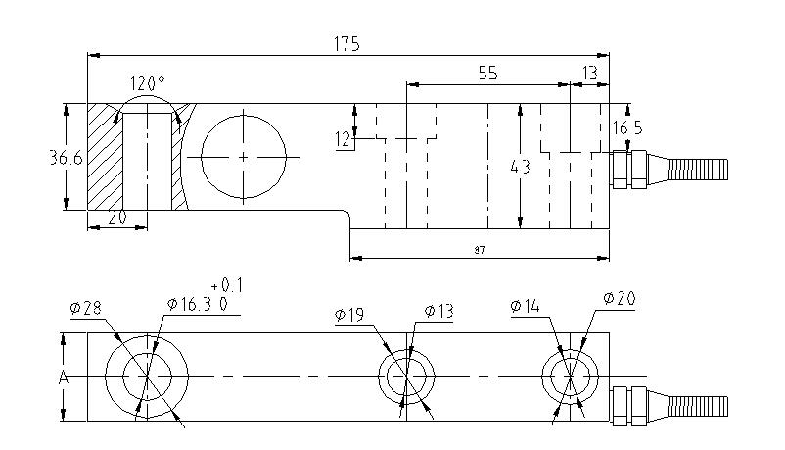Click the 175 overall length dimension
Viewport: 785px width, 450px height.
pyautogui.click(x=346, y=44)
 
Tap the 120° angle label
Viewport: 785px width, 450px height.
pyautogui.click(x=147, y=83)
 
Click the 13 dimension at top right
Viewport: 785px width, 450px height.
pyautogui.click(x=589, y=73)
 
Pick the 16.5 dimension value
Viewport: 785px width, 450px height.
pyautogui.click(x=626, y=127)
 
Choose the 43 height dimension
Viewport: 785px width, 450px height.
pyautogui.click(x=520, y=167)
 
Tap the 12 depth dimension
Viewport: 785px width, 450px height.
pyautogui.click(x=342, y=140)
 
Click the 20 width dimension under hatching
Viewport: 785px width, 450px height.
pyautogui.click(x=117, y=218)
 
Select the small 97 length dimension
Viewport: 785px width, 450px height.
pyautogui.click(x=479, y=251)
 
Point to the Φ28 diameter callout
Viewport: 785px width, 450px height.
pyautogui.click(x=86, y=308)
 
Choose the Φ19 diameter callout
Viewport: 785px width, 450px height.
pyautogui.click(x=349, y=315)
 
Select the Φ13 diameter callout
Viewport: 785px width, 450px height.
pyautogui.click(x=439, y=312)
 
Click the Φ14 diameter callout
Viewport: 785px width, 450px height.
pyautogui.click(x=525, y=307)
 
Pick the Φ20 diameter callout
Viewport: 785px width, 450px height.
pyautogui.click(x=620, y=298)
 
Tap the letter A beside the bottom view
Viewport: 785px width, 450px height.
pyautogui.click(x=62, y=376)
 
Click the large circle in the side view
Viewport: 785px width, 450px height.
pyautogui.click(x=243, y=158)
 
